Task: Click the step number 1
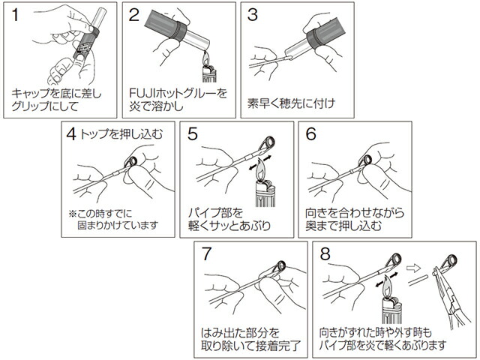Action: (15, 15)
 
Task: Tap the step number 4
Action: (71, 133)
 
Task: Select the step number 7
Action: (207, 253)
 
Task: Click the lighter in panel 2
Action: (209, 70)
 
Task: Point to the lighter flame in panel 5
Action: (260, 170)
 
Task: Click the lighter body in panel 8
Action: (391, 310)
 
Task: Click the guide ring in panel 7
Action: (280, 266)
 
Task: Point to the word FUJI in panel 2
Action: (139, 93)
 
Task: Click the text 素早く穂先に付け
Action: (291, 103)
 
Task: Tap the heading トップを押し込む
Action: (121, 134)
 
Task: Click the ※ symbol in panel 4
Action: (73, 213)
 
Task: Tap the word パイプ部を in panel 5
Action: (215, 212)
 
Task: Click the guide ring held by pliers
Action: (451, 260)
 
